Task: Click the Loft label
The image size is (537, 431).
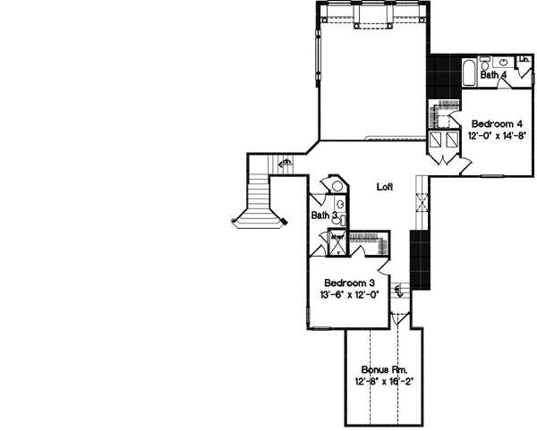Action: click(x=385, y=187)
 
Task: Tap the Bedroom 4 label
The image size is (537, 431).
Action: click(x=490, y=123)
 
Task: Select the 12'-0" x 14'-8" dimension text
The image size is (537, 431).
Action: click(x=490, y=136)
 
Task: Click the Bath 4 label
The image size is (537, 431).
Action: click(x=493, y=76)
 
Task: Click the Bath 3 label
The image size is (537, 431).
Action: click(x=323, y=215)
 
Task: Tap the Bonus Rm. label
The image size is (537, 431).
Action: click(x=382, y=369)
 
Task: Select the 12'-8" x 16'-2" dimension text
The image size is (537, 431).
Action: click(x=382, y=382)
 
